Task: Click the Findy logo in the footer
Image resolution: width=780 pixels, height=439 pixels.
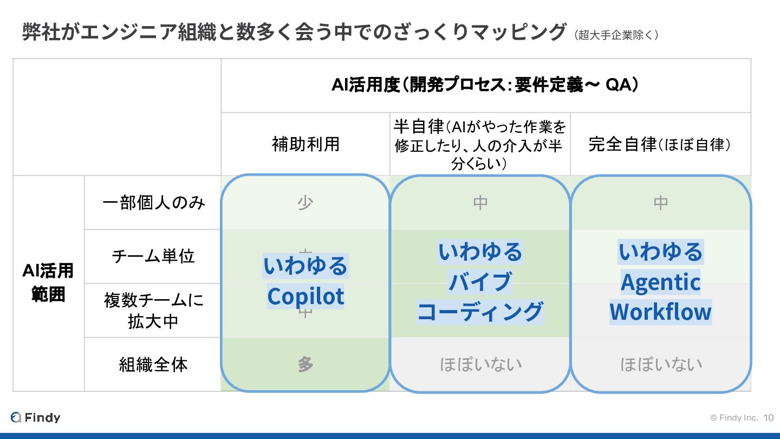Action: tap(35, 417)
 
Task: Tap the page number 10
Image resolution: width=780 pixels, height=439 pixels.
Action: tap(769, 418)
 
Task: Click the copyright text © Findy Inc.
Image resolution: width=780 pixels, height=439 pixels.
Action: tap(733, 418)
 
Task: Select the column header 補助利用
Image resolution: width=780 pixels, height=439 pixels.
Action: tap(305, 144)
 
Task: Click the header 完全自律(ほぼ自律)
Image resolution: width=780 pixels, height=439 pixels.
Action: tap(660, 145)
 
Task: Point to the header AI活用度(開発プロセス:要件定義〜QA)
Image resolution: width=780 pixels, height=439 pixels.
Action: tap(485, 85)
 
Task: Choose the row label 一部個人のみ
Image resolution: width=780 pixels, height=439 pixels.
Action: tap(153, 202)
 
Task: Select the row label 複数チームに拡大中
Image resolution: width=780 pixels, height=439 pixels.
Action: tap(153, 310)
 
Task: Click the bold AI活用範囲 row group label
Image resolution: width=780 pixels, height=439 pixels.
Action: tap(48, 282)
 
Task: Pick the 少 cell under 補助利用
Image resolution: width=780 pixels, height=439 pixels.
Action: tap(305, 202)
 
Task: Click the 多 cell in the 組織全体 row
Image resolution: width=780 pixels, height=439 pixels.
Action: tap(305, 364)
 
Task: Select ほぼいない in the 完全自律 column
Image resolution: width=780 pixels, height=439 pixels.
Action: tap(661, 364)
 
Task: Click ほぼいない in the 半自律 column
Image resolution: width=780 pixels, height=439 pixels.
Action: tap(480, 364)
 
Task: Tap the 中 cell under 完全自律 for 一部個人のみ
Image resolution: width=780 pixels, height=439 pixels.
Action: tap(661, 202)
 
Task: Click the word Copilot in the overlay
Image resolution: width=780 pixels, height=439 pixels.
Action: tap(305, 296)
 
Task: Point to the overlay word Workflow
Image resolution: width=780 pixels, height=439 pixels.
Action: tap(660, 312)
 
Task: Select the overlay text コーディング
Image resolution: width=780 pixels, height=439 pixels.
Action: tap(480, 312)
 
